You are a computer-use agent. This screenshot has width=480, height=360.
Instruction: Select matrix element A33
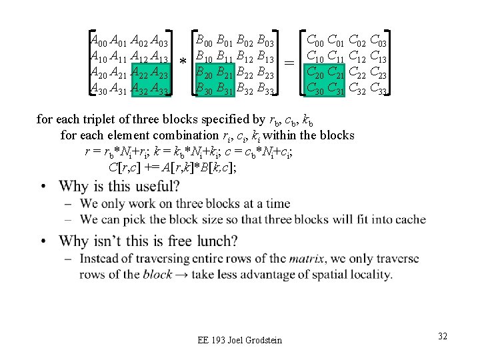[160, 89]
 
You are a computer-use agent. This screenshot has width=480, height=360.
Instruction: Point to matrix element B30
[205, 88]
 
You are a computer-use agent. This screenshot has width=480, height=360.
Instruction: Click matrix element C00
[315, 41]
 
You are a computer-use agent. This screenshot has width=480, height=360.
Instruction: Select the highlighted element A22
[139, 73]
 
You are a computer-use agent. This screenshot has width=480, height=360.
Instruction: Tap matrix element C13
[378, 56]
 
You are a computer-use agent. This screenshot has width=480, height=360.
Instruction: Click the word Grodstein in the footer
[260, 341]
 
